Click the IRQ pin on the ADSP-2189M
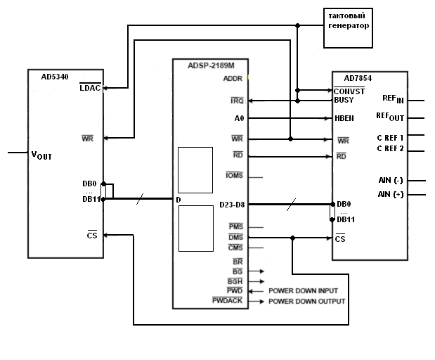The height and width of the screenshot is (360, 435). click(237, 101)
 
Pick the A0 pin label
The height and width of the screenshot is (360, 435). click(239, 119)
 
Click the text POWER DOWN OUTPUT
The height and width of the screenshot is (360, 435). click(306, 302)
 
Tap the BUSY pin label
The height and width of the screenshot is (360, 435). click(344, 100)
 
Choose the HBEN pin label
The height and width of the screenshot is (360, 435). click(344, 118)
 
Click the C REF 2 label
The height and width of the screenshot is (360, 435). click(390, 148)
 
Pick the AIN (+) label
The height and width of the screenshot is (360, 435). click(391, 194)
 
